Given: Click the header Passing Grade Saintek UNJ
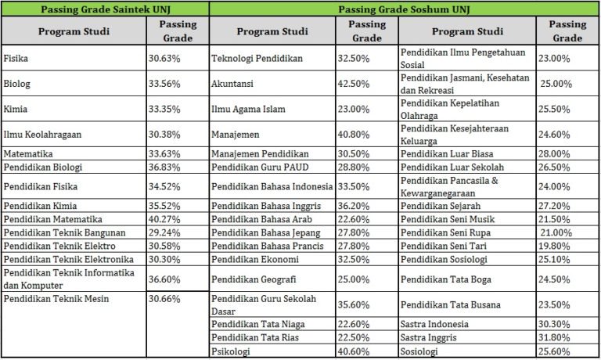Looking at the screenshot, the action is (106, 9).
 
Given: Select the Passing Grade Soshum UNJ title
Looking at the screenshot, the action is (404, 9).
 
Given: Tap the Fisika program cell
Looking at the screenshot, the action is (16, 58).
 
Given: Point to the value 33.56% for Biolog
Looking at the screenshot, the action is (164, 84).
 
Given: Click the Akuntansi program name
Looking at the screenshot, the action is (232, 84).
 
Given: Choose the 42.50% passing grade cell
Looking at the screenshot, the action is (354, 84).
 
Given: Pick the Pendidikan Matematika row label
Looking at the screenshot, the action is (53, 219).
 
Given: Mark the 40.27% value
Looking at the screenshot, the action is (164, 219).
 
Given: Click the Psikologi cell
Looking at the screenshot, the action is (231, 351).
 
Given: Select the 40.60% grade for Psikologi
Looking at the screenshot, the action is (354, 351).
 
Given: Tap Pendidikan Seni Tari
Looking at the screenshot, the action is (444, 247).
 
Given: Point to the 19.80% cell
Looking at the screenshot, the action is (554, 247).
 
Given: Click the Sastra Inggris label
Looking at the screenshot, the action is (429, 338).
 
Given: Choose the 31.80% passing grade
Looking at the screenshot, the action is (554, 338).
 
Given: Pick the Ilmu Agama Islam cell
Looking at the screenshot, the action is (248, 110).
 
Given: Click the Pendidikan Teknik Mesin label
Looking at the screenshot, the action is (56, 299).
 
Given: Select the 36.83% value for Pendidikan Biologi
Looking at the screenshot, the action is (164, 167).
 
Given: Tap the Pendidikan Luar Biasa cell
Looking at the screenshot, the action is (447, 153).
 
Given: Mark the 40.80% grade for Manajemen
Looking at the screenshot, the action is (354, 135).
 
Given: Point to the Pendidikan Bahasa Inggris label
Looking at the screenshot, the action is (266, 206).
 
